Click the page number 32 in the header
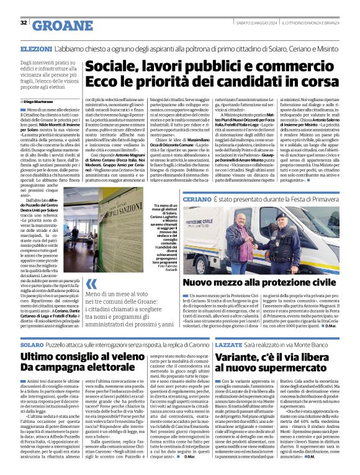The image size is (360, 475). [x=24, y=23]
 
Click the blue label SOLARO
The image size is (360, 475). [x=32, y=343]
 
